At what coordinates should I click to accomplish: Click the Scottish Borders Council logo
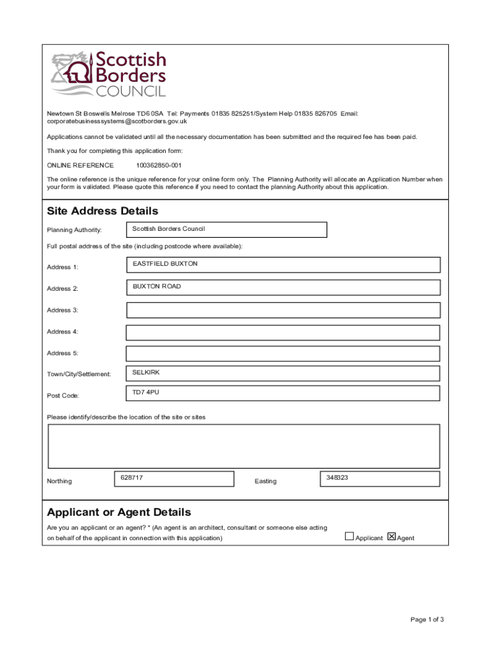pyautogui.click(x=108, y=74)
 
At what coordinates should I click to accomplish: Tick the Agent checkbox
pyautogui.click(x=392, y=536)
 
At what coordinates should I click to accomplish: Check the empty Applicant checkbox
pyautogui.click(x=349, y=536)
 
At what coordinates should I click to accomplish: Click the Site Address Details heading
pyautogui.click(x=103, y=211)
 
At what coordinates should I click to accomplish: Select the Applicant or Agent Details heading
pyautogui.click(x=119, y=513)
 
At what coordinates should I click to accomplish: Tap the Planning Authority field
pyautogui.click(x=226, y=230)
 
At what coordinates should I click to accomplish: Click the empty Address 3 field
pyautogui.click(x=283, y=311)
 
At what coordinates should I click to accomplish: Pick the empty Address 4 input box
pyautogui.click(x=283, y=332)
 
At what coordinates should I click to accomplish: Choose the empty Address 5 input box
pyautogui.click(x=283, y=353)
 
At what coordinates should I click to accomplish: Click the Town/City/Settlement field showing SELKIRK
pyautogui.click(x=283, y=374)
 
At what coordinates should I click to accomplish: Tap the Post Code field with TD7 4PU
pyautogui.click(x=283, y=394)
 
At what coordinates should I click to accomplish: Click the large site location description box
pyautogui.click(x=244, y=446)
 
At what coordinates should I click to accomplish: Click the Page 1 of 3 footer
pyautogui.click(x=427, y=619)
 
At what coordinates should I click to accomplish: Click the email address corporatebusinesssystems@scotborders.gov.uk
pyautogui.click(x=117, y=121)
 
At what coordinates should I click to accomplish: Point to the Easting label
pyautogui.click(x=265, y=481)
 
